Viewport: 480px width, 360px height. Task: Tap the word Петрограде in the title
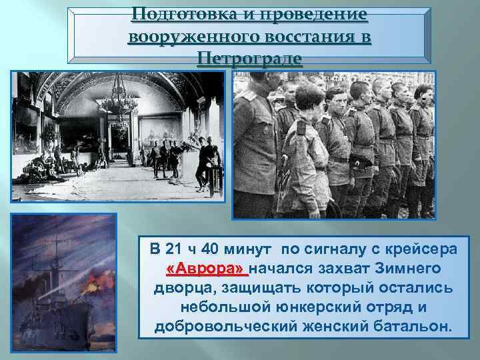click(x=249, y=59)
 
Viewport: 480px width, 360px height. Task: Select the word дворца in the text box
click(x=178, y=289)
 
